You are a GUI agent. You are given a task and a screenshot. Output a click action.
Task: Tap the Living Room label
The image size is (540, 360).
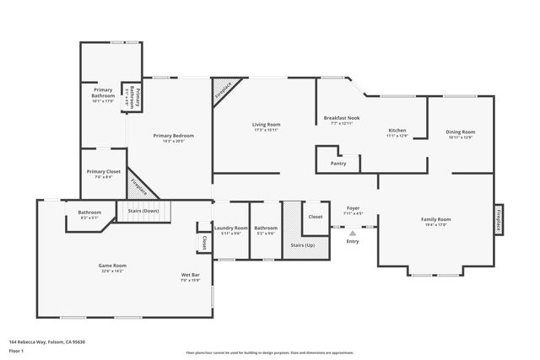pyautogui.click(x=266, y=126)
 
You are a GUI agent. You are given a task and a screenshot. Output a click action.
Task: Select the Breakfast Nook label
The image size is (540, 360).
pyautogui.click(x=342, y=118)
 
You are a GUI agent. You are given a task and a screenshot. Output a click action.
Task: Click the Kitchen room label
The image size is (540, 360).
pyautogui.click(x=397, y=131)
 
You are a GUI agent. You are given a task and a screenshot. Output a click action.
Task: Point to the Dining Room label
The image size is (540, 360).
pyautogui.click(x=461, y=132)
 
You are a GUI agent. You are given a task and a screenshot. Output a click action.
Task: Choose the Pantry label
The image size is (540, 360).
pyautogui.click(x=338, y=163)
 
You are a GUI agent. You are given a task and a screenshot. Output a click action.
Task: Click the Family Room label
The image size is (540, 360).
pyautogui.click(x=436, y=219)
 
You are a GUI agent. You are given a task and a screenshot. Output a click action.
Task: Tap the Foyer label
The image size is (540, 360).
pyautogui.click(x=354, y=207)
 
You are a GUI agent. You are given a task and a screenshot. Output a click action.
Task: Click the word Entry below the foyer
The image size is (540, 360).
pyautogui.click(x=352, y=242)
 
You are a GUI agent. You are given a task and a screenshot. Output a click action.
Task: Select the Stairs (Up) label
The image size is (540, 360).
pyautogui.click(x=303, y=244)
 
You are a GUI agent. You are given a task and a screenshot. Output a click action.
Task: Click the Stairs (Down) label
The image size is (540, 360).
pyautogui.click(x=143, y=212)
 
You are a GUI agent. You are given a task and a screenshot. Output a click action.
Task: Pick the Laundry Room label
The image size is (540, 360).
pyautogui.click(x=230, y=228)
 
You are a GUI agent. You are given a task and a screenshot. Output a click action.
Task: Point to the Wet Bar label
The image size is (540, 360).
pyautogui.click(x=190, y=275)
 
